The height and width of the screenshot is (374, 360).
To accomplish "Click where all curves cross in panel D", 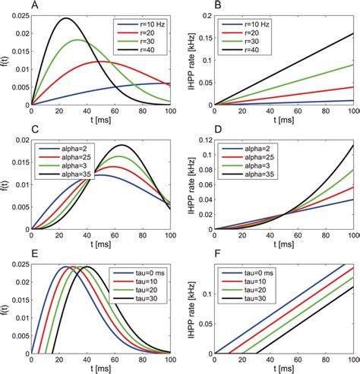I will coord(284,215).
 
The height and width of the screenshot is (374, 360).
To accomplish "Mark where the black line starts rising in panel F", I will coord(255,353).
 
